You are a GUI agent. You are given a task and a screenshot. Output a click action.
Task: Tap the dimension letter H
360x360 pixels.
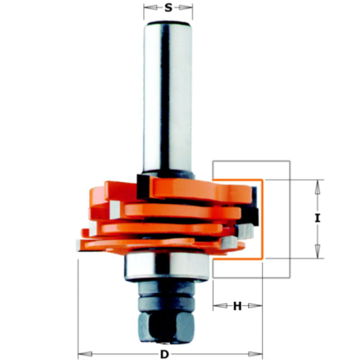point(237,306)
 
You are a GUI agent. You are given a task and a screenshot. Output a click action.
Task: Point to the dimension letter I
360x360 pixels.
point(317,218)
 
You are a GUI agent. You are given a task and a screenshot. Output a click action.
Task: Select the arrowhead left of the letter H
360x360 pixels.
point(219,306)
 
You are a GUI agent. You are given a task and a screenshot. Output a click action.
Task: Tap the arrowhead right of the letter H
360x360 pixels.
point(255,306)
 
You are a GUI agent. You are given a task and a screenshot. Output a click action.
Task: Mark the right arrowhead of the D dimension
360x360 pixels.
point(256,354)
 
